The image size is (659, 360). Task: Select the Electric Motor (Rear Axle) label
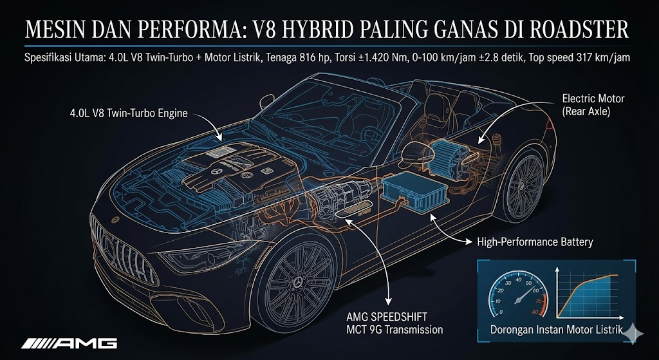coord(593,104)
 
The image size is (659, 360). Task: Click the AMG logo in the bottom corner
coord(69,342)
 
